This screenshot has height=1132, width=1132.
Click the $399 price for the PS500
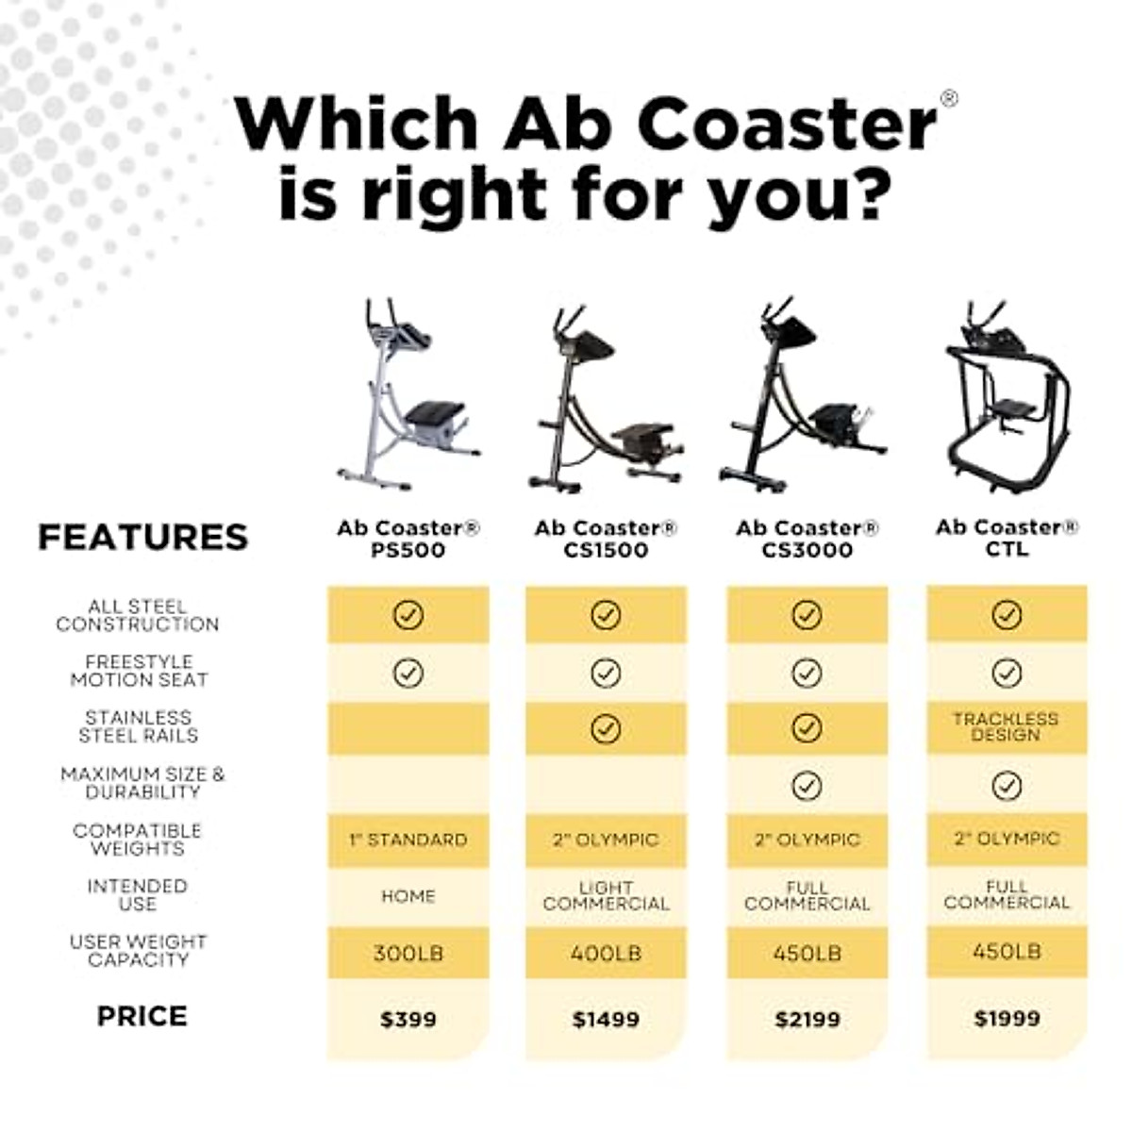(x=408, y=1020)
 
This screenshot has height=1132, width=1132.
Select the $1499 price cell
(x=606, y=1020)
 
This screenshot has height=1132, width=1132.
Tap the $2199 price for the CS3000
(x=807, y=1020)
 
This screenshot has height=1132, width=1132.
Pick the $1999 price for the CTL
(x=1007, y=1019)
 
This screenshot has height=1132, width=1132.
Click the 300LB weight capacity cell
(x=408, y=954)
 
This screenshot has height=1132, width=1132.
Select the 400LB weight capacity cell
(x=606, y=954)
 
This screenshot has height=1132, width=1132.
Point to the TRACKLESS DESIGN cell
(x=1007, y=726)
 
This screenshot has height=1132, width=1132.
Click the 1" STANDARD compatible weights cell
(x=408, y=840)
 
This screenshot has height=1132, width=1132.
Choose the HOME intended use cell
(x=408, y=896)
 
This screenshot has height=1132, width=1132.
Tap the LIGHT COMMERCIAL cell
(x=606, y=895)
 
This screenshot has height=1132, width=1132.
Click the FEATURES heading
(x=142, y=537)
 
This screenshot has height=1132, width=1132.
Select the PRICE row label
(x=141, y=1016)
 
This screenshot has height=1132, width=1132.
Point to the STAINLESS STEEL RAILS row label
(x=138, y=726)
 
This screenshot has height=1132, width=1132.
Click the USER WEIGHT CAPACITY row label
(x=138, y=951)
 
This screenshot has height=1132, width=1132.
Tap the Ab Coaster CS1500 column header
(x=606, y=539)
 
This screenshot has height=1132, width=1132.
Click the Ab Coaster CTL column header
(x=1007, y=538)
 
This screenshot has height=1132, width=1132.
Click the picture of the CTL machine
(x=1007, y=396)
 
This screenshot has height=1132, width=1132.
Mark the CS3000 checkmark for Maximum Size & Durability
(x=807, y=786)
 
